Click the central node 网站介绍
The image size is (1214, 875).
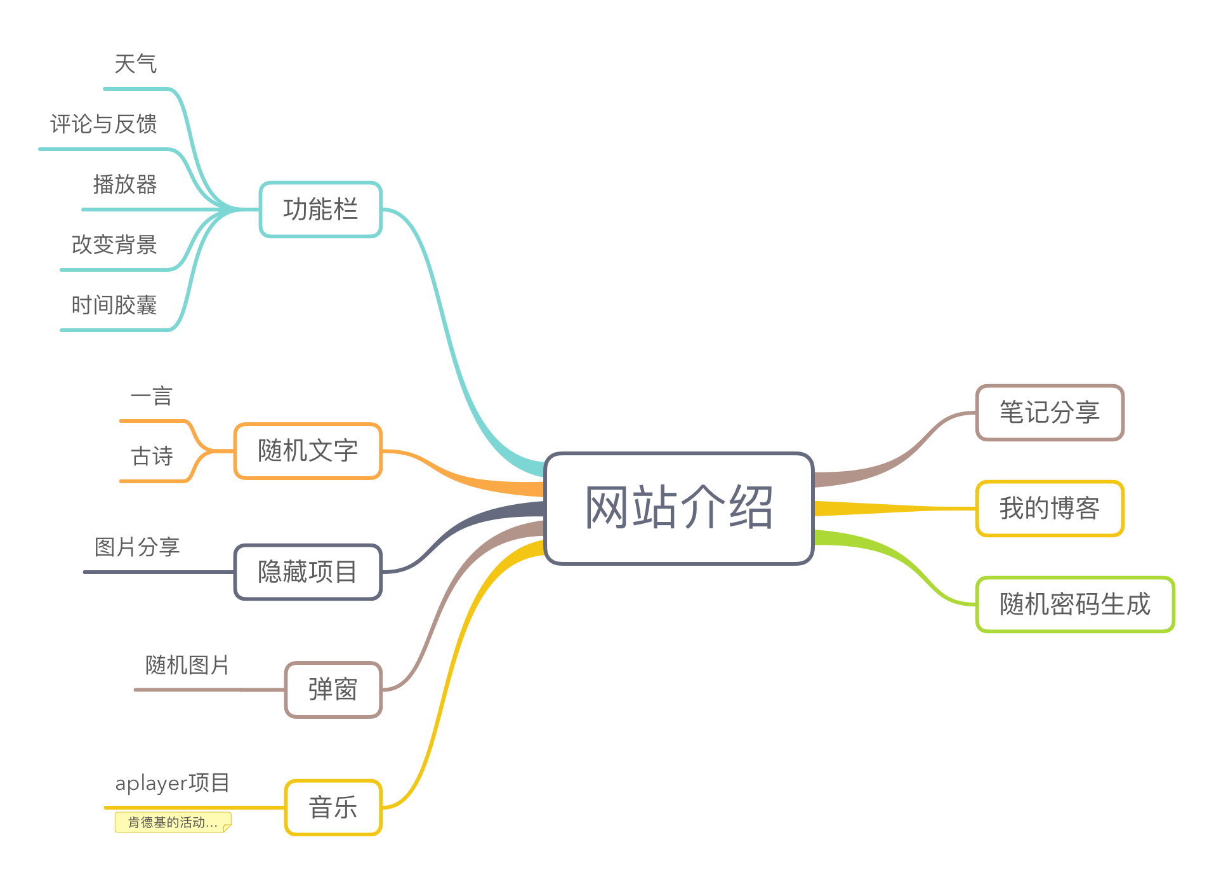click(x=678, y=508)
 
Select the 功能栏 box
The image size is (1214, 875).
click(x=320, y=210)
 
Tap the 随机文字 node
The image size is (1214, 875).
click(x=308, y=451)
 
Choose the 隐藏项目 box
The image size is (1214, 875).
click(x=308, y=571)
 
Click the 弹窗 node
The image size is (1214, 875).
click(x=333, y=690)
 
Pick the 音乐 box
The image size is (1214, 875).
click(x=333, y=808)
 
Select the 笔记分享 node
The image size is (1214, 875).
click(x=1050, y=412)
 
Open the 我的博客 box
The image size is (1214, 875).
click(x=1050, y=508)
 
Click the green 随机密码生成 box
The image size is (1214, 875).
click(x=1075, y=604)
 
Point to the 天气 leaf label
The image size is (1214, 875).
click(x=136, y=64)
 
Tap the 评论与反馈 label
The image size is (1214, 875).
click(x=103, y=124)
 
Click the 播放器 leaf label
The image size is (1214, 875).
click(x=125, y=185)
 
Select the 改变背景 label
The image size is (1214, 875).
click(x=114, y=245)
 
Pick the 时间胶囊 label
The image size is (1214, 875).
click(x=114, y=305)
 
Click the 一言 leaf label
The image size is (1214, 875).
click(x=152, y=396)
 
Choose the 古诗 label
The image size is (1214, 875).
click(x=152, y=456)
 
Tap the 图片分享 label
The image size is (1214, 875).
click(x=137, y=547)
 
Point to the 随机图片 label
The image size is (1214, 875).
click(x=187, y=665)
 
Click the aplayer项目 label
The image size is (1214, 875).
click(x=172, y=783)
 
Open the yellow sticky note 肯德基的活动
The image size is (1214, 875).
click(x=173, y=822)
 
